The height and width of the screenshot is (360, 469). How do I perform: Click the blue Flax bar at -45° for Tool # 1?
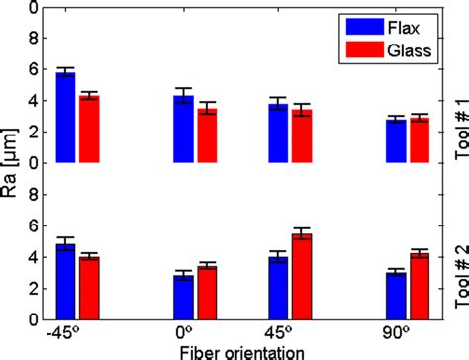(x=66, y=118)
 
